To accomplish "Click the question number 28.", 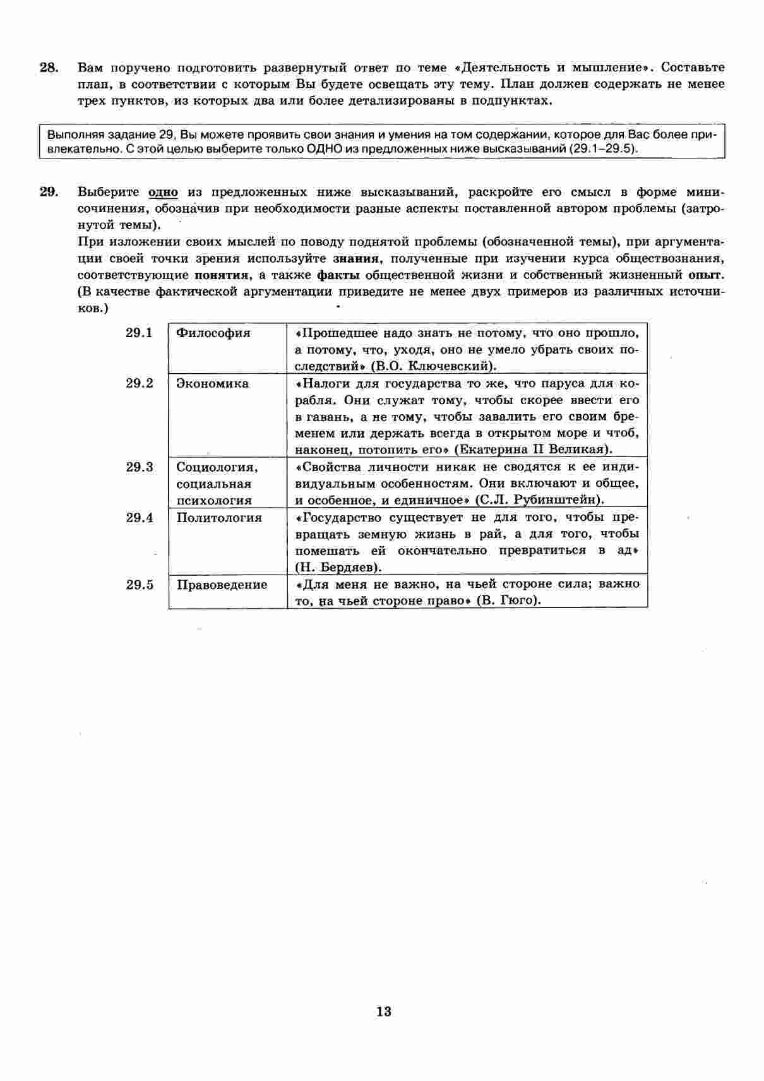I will click(49, 68).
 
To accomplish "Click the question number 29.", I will click(49, 192).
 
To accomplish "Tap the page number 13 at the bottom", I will click(384, 1011).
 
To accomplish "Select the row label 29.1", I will click(139, 333).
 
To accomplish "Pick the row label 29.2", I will click(139, 383).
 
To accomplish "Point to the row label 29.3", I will click(139, 467).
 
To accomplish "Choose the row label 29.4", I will click(139, 518).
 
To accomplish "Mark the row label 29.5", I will click(139, 585).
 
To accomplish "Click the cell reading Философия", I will click(213, 333).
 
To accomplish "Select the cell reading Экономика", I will click(213, 383).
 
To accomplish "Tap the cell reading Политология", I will click(219, 518).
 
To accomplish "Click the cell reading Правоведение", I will click(222, 585).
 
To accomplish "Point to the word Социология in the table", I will click(217, 467).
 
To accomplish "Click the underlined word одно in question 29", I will click(163, 192).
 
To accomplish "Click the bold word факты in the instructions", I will click(338, 275).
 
